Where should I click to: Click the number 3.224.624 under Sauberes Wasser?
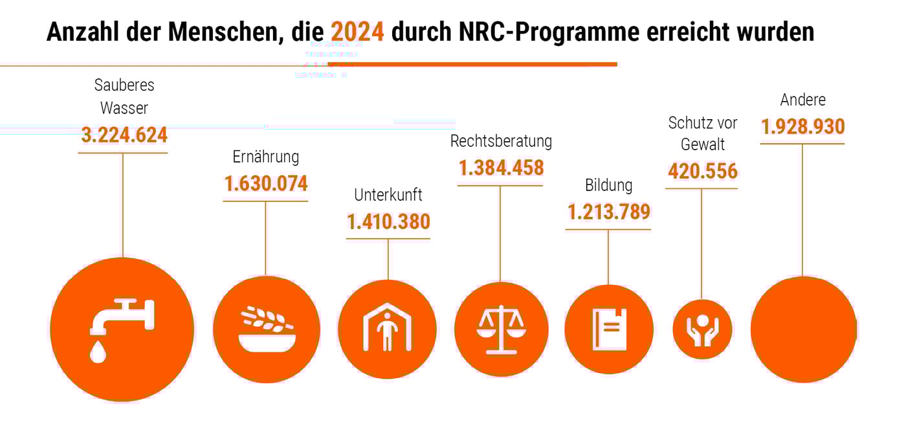pos(124,135)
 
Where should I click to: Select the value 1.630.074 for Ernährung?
pos(266,183)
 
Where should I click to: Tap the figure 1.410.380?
pos(388,221)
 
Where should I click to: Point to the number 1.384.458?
pos(501,168)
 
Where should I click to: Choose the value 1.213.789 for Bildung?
pos(608,211)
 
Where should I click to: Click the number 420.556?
pos(702,171)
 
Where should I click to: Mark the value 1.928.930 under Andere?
pos(802,126)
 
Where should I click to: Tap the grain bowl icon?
pos(267,330)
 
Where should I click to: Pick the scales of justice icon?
pos(501,330)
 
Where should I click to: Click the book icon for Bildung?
pos(609,330)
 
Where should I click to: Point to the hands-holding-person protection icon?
pos(702,330)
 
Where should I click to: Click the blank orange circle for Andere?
pos(803,330)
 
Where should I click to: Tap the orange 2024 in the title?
pos(357,32)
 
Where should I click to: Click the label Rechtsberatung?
pos(501,141)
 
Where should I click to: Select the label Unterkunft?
pos(388,195)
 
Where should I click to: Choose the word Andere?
pos(802,100)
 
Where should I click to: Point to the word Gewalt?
pos(702,144)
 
